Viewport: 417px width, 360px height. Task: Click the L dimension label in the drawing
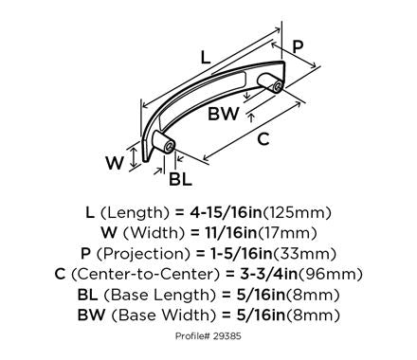coord(206,57)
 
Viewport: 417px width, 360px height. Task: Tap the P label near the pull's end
coord(298,46)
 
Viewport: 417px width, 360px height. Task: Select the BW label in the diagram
coord(224,114)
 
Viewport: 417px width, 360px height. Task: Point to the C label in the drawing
coord(263,138)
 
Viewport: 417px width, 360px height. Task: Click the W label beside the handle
coord(115,163)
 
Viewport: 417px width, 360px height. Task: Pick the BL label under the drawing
coord(180,179)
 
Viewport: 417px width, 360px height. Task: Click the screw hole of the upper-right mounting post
coord(278,87)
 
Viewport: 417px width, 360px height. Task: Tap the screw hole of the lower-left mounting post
coord(171,146)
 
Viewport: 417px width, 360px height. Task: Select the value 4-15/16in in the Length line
coord(227,212)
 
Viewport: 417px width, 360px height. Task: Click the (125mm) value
coord(298,213)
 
